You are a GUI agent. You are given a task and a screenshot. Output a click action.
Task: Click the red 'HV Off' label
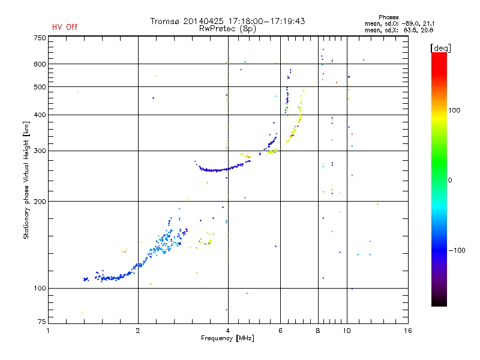[64, 27]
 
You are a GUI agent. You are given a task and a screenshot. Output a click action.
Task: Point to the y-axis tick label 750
[40, 38]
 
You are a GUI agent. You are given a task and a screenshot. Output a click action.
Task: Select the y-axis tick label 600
[40, 64]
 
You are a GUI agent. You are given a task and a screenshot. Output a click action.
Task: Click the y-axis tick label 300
[40, 151]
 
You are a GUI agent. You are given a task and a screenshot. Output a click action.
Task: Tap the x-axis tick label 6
[280, 331]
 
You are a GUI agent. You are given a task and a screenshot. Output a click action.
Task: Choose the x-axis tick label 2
[138, 331]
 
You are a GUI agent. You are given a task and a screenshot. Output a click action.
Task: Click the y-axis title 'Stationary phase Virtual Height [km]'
[26, 180]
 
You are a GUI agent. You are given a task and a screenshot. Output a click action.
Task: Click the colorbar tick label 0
[451, 180]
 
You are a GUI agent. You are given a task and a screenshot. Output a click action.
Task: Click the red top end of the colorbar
[439, 55]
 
